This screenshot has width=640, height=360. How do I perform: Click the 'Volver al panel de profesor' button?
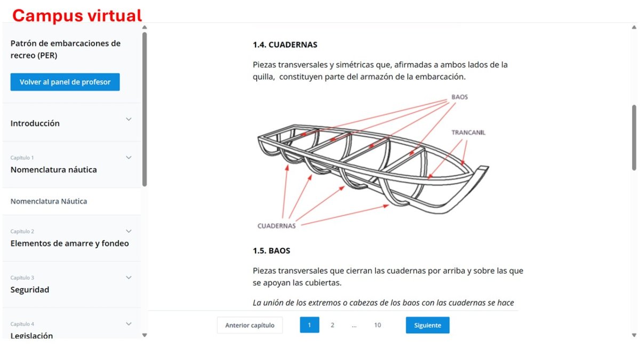(65, 82)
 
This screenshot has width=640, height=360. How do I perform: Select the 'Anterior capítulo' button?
(250, 325)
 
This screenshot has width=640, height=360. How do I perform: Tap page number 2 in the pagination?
(332, 325)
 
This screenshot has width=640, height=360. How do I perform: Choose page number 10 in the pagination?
(378, 325)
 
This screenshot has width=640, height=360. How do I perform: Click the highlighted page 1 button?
(309, 325)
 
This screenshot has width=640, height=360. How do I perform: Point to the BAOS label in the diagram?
(459, 97)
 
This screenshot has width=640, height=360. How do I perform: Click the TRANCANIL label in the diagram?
(468, 133)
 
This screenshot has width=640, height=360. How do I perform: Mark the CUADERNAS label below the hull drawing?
(276, 226)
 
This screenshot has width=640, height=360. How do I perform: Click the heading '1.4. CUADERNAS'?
(285, 45)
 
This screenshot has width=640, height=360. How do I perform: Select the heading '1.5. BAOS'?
(271, 251)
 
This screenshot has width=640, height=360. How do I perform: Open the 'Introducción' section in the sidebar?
(35, 123)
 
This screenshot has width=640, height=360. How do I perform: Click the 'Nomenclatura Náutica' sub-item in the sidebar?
(49, 201)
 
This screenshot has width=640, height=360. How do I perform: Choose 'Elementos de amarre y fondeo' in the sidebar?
(70, 243)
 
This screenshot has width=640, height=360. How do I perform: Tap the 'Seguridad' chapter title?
(30, 290)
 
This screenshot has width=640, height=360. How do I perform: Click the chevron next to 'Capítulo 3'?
(129, 277)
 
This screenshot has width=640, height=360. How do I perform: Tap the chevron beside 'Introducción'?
(129, 119)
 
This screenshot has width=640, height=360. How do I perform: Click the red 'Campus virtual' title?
(77, 15)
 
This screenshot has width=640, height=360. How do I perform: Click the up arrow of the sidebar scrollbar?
(145, 27)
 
